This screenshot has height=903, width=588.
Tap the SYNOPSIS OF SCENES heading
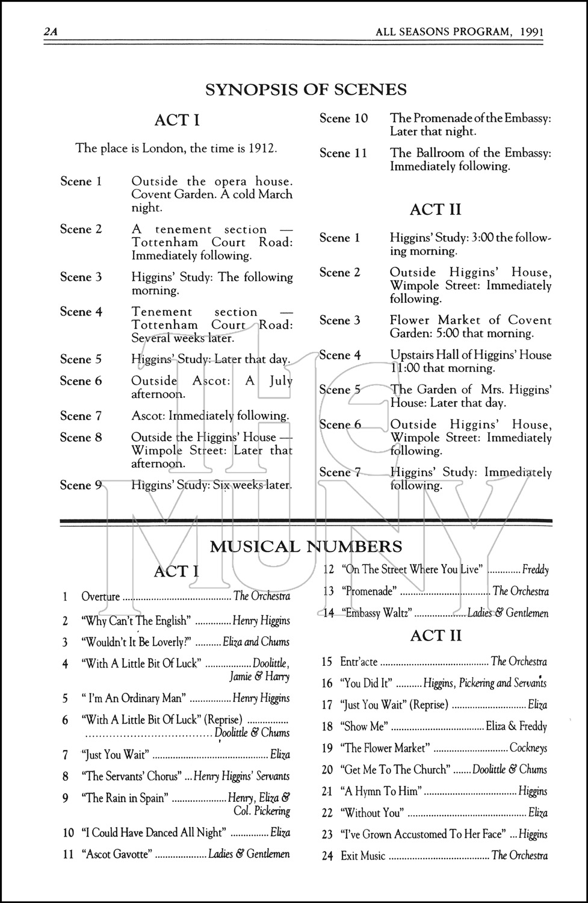[x=306, y=90]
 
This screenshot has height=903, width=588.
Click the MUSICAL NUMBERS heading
[x=306, y=547]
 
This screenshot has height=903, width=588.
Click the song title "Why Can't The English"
[x=136, y=621]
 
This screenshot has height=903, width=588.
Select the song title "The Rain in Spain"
[x=126, y=798]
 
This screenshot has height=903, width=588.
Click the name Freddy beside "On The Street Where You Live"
[x=535, y=569]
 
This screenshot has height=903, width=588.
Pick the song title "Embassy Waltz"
[x=377, y=613]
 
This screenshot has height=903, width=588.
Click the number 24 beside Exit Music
[x=327, y=856]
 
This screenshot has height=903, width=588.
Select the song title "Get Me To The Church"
[x=395, y=769]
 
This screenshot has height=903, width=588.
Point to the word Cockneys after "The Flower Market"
[x=528, y=748]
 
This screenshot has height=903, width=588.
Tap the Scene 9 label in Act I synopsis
[x=81, y=485]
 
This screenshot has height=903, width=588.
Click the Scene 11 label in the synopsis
[x=342, y=153]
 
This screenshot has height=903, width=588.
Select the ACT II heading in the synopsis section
[x=435, y=209]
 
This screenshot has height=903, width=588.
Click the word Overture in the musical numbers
[x=101, y=597]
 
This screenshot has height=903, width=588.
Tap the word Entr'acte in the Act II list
[x=359, y=662]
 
